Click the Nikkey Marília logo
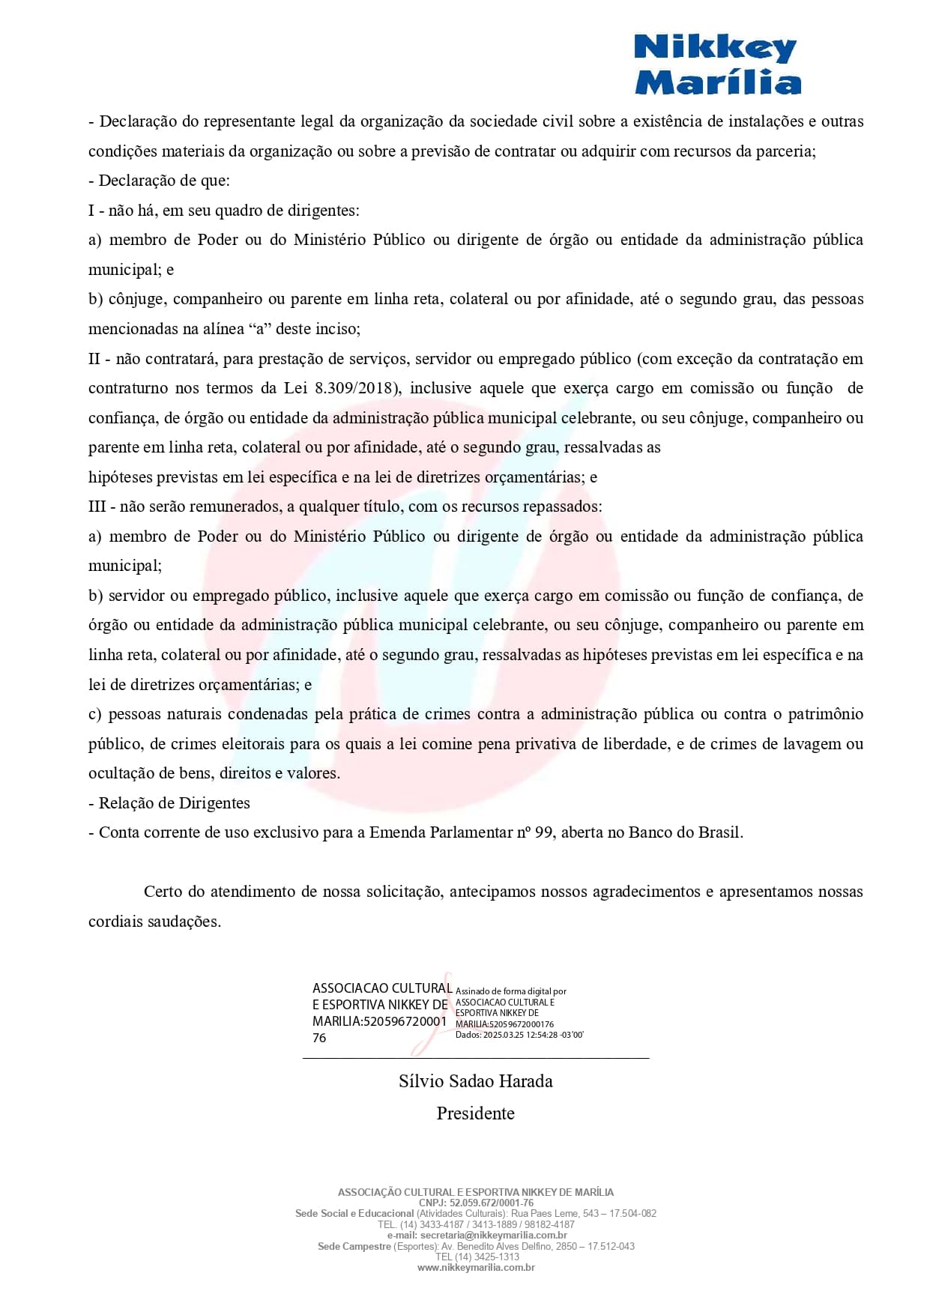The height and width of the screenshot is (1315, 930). pos(717,65)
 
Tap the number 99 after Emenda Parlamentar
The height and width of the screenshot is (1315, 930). pos(543,832)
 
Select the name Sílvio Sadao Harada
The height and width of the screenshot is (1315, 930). pos(475,1081)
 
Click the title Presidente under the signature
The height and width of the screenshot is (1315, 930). pos(475,1113)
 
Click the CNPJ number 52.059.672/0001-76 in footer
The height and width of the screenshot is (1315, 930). pos(492,1203)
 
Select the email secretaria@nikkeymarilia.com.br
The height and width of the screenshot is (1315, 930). pos(493,1235)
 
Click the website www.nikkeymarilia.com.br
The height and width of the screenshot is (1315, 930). pos(476,1268)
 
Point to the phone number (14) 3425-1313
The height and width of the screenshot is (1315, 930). pos(487,1257)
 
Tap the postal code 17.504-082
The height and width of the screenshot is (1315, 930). pos(632,1213)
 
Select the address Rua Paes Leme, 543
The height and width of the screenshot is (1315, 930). pos(545,1213)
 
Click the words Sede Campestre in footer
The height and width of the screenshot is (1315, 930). pos(354,1246)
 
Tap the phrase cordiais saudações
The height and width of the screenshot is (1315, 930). pos(154,922)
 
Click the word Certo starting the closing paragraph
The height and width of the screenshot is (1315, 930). pos(163,892)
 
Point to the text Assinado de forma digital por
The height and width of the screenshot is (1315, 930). pos(511,991)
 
